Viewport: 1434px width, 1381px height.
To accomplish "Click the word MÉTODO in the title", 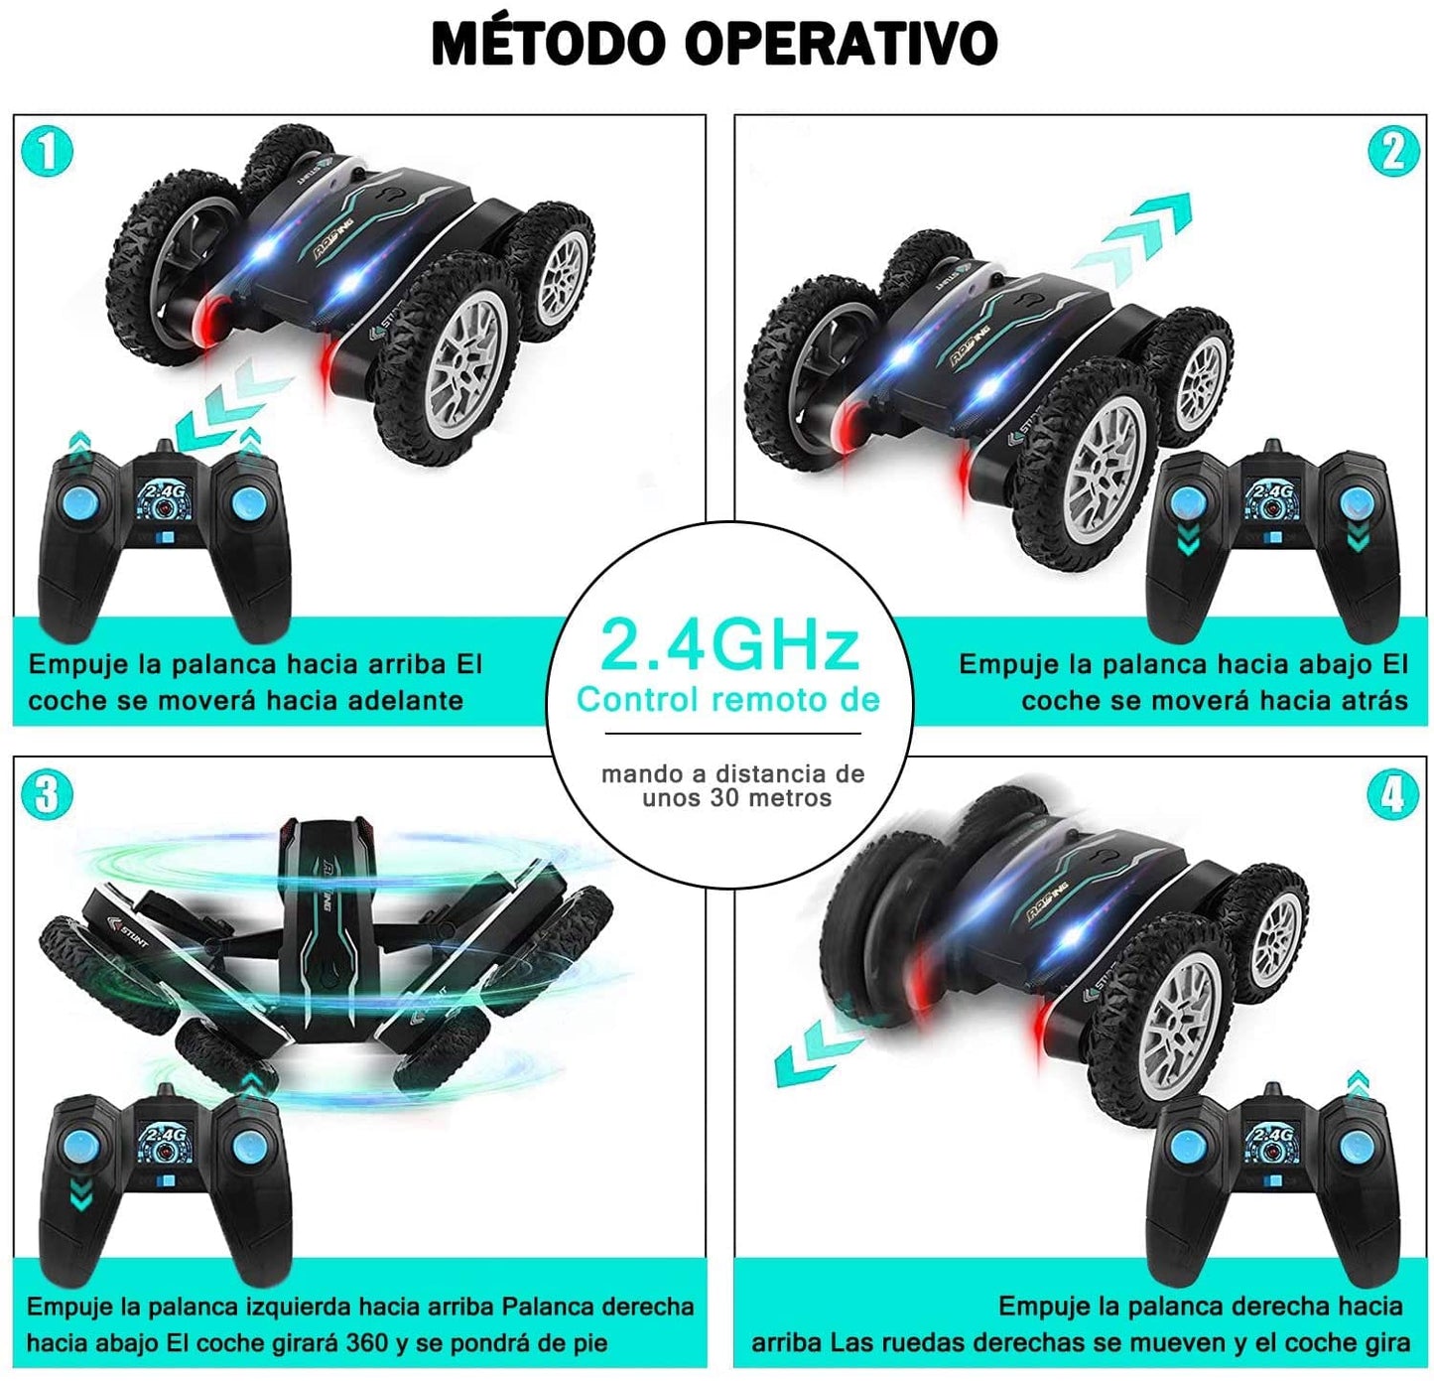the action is pyautogui.click(x=549, y=45).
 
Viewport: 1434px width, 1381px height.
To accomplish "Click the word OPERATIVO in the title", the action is pyautogui.click(x=842, y=45).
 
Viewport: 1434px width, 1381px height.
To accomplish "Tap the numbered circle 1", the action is pyautogui.click(x=48, y=151).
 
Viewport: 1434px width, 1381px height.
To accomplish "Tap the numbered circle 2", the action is pyautogui.click(x=1392, y=151).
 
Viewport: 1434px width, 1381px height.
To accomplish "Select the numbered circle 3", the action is pyautogui.click(x=48, y=793).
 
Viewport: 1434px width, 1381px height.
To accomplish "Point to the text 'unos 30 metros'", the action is pyautogui.click(x=737, y=798).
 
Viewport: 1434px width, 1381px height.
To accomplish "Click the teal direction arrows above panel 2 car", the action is pyautogui.click(x=1132, y=239).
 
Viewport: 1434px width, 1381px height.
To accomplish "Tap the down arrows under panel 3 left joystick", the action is pyautogui.click(x=80, y=1194).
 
